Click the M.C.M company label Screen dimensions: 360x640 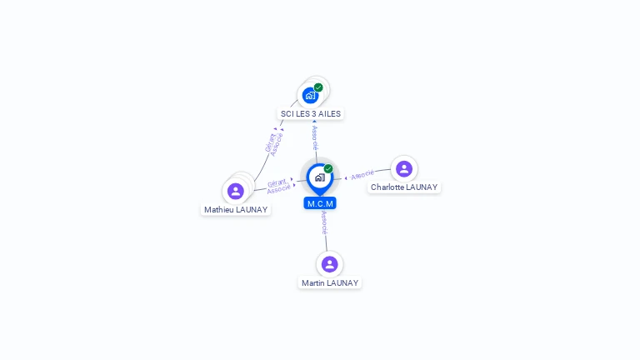coord(320,203)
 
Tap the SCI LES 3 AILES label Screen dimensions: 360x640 coord(310,113)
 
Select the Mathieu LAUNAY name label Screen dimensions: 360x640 coord(236,210)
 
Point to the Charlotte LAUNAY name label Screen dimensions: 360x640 coord(404,187)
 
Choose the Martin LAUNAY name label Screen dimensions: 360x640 coord(330,283)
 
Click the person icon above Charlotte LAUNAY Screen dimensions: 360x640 coord(404,169)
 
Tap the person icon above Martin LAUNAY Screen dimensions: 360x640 coord(330,264)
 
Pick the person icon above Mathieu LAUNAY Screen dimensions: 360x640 coord(236,191)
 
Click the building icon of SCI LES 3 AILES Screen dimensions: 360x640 coord(311,95)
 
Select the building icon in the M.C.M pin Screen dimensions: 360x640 coord(319,177)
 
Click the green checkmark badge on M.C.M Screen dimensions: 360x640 coord(328,169)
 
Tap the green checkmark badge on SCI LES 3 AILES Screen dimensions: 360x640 coord(318,87)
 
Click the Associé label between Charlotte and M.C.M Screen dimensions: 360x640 coord(362,176)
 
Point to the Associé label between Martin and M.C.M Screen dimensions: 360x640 coord(324,222)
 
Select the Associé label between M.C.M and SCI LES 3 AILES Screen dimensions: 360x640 coord(314,138)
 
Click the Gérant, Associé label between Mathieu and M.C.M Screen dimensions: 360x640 coord(278,186)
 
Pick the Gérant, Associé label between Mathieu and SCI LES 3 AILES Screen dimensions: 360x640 coord(273,143)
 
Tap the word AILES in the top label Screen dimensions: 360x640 coord(327,113)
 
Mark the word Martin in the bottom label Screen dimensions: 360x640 coord(313,283)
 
